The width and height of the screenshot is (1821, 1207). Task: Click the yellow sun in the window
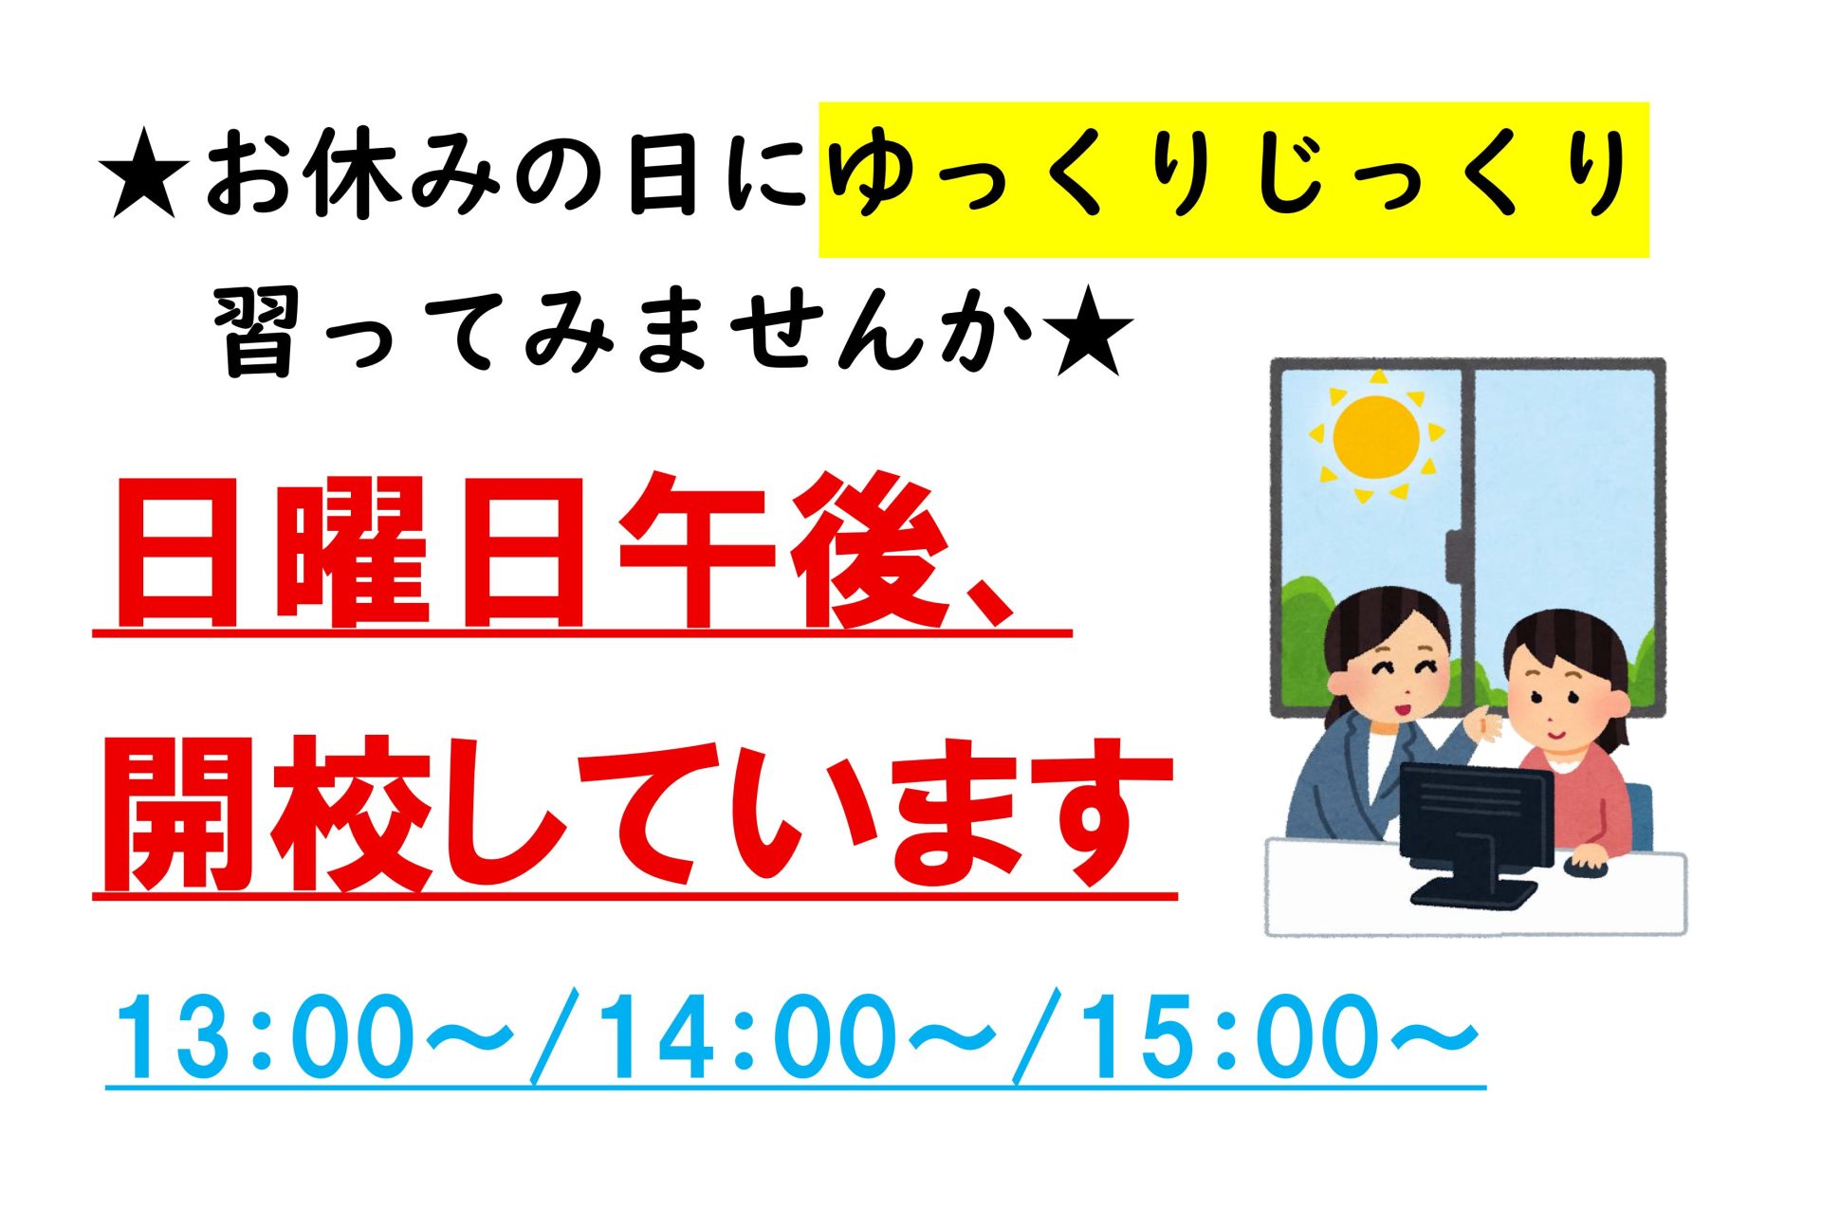pyautogui.click(x=1375, y=437)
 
